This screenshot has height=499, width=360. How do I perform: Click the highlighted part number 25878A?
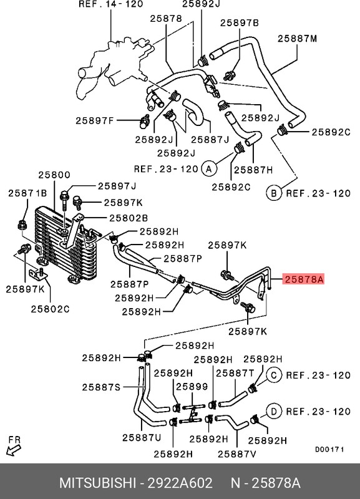[x=304, y=279]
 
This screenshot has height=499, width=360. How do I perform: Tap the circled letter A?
[x=209, y=168]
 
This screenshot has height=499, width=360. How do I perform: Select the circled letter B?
[x=274, y=193]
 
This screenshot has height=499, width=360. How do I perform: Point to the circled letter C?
[x=274, y=375]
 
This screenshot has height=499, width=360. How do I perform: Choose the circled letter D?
[x=274, y=412]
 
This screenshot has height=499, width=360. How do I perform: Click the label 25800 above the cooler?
[x=54, y=175]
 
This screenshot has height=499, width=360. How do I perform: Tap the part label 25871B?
[x=27, y=193]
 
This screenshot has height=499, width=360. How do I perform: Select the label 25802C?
[x=51, y=309]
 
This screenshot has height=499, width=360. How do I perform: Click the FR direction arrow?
[x=13, y=450]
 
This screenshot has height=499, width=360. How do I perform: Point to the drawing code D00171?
[x=330, y=449]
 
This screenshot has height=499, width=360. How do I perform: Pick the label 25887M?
[x=297, y=39]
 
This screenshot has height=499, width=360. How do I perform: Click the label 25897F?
[x=95, y=120]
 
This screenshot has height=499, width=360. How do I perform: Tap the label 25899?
[x=192, y=386]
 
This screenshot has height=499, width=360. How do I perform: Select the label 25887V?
[x=237, y=454]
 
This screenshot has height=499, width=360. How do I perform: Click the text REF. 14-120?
[x=111, y=4]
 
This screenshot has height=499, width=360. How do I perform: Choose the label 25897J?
[x=117, y=186]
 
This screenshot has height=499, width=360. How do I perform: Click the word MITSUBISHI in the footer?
[x=98, y=483]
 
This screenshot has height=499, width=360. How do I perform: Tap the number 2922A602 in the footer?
[x=180, y=483]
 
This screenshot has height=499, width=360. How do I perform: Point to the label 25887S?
[x=101, y=387]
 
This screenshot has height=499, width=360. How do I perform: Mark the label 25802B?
[x=129, y=218]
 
